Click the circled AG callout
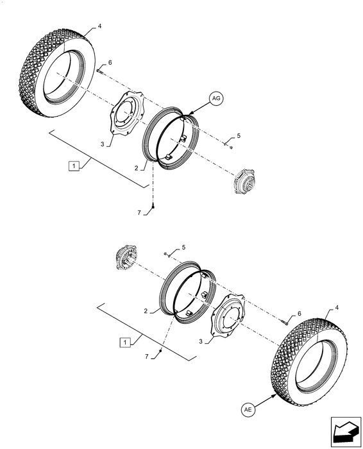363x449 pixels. tap(216, 99)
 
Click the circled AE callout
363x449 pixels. tap(248, 410)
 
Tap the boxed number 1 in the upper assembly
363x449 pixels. tap(74, 166)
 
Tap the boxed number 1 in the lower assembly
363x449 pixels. tap(125, 343)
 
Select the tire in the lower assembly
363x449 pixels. tap(310, 362)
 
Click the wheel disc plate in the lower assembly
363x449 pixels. tap(228, 314)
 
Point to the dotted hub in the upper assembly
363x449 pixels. tap(244, 181)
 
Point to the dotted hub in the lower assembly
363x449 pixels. tap(126, 257)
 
